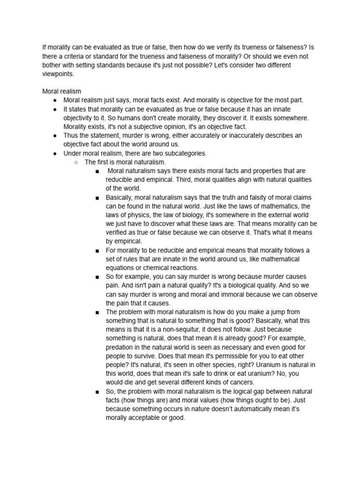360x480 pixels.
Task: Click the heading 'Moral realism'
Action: tap(61, 91)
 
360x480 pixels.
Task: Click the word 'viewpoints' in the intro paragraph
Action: tap(57, 74)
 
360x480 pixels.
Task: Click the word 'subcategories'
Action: tap(182, 153)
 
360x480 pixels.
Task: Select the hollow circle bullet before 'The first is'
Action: tap(76, 162)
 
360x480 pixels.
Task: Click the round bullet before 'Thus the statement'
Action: tap(55, 135)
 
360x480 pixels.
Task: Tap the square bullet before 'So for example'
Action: tap(97, 277)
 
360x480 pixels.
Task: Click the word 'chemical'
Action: tap(159, 268)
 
